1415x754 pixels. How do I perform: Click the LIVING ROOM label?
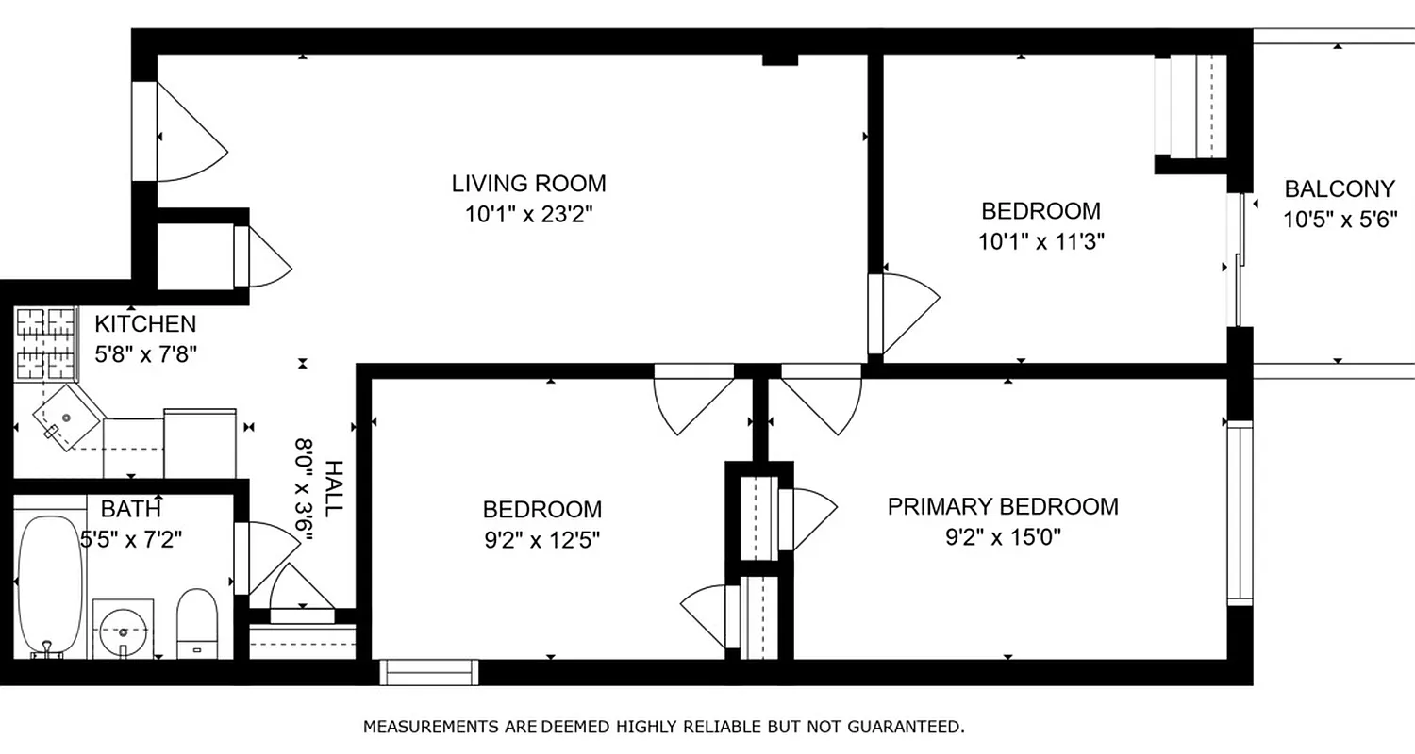click(528, 183)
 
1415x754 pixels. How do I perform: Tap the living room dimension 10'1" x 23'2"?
click(528, 215)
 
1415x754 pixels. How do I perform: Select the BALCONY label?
click(1339, 188)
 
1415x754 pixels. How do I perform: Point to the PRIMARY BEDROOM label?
click(1003, 506)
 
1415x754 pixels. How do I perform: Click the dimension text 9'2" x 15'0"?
click(1003, 537)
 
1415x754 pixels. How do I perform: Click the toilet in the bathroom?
click(197, 623)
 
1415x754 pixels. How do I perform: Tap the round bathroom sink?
click(124, 626)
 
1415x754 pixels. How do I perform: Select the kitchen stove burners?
click(46, 336)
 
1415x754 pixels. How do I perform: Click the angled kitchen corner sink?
click(68, 416)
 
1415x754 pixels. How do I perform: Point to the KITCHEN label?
click(145, 324)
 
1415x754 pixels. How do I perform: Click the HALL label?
click(333, 487)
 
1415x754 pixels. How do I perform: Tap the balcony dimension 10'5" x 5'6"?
click(1339, 221)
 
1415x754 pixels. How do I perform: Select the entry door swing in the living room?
click(189, 132)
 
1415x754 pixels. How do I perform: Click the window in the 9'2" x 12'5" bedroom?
click(428, 672)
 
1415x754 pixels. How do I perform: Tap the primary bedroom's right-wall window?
click(1239, 514)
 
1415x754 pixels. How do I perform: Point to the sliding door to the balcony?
click(1236, 259)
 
